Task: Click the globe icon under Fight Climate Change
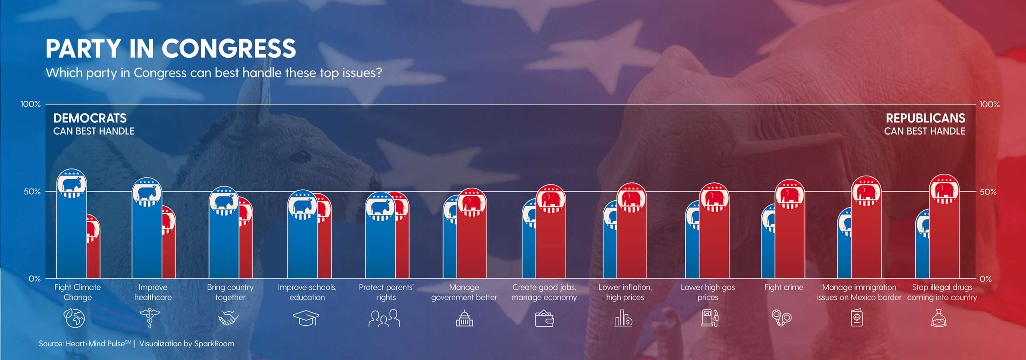(75, 318)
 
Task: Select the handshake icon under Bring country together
(228, 319)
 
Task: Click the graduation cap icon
(306, 318)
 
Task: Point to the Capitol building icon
(464, 319)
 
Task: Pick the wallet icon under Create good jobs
(544, 319)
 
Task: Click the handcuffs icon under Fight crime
(782, 319)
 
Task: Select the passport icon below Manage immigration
(857, 319)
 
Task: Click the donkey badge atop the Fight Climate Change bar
(72, 184)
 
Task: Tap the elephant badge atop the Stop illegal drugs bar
(944, 190)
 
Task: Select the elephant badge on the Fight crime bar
(790, 194)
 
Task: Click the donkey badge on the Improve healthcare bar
(147, 193)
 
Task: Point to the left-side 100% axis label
(31, 104)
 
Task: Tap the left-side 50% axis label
(32, 192)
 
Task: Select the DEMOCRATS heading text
(90, 118)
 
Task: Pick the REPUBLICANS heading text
(925, 118)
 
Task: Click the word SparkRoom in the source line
(214, 344)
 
